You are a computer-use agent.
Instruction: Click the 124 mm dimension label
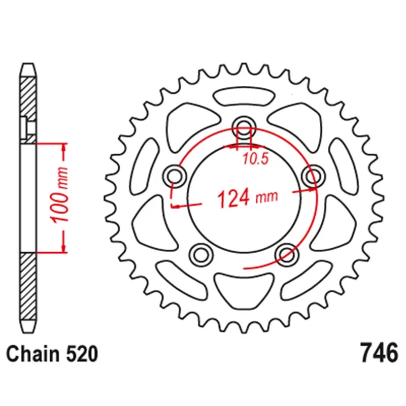tap(248, 197)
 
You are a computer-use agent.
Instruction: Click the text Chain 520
tap(51, 354)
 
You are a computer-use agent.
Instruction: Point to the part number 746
tap(378, 353)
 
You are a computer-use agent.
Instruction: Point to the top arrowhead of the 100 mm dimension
tap(64, 147)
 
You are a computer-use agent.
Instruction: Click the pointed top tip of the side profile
tap(28, 65)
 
